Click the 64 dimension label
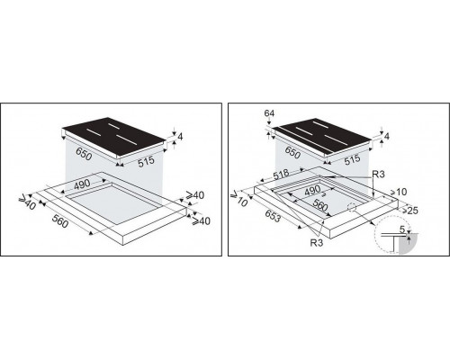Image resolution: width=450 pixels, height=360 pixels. [x=269, y=113]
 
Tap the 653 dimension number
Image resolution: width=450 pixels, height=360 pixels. [x=273, y=216]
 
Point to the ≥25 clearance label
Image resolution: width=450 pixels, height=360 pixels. [x=410, y=211]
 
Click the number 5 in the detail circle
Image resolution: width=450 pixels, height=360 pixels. [x=402, y=229]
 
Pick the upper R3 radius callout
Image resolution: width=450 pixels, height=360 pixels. [x=378, y=174]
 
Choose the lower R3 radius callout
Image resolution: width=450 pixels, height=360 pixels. [x=317, y=243]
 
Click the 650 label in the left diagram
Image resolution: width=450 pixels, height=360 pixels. [x=84, y=154]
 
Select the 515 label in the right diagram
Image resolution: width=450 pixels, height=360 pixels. [x=352, y=159]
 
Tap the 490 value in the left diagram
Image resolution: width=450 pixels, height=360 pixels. [x=82, y=184]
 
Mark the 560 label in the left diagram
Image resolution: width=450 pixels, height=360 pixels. [x=60, y=221]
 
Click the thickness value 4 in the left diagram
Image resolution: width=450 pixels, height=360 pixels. [x=180, y=137]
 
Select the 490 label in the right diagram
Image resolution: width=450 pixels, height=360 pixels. [x=312, y=191]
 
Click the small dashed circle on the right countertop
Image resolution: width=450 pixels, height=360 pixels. [x=352, y=207]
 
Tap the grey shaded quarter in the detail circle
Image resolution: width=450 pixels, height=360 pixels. [x=407, y=245]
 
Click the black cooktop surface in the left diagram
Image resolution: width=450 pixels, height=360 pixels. [x=114, y=138]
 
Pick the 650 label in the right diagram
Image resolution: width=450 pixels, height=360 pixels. [x=292, y=153]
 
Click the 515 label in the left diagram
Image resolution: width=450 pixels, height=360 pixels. [x=147, y=161]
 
